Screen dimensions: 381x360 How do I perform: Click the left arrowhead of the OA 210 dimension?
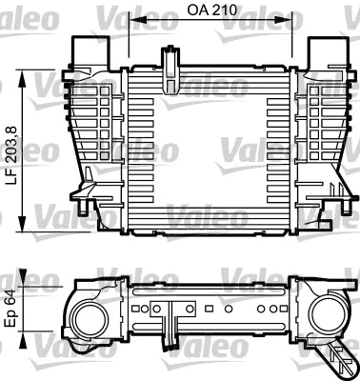coord(132,20)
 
